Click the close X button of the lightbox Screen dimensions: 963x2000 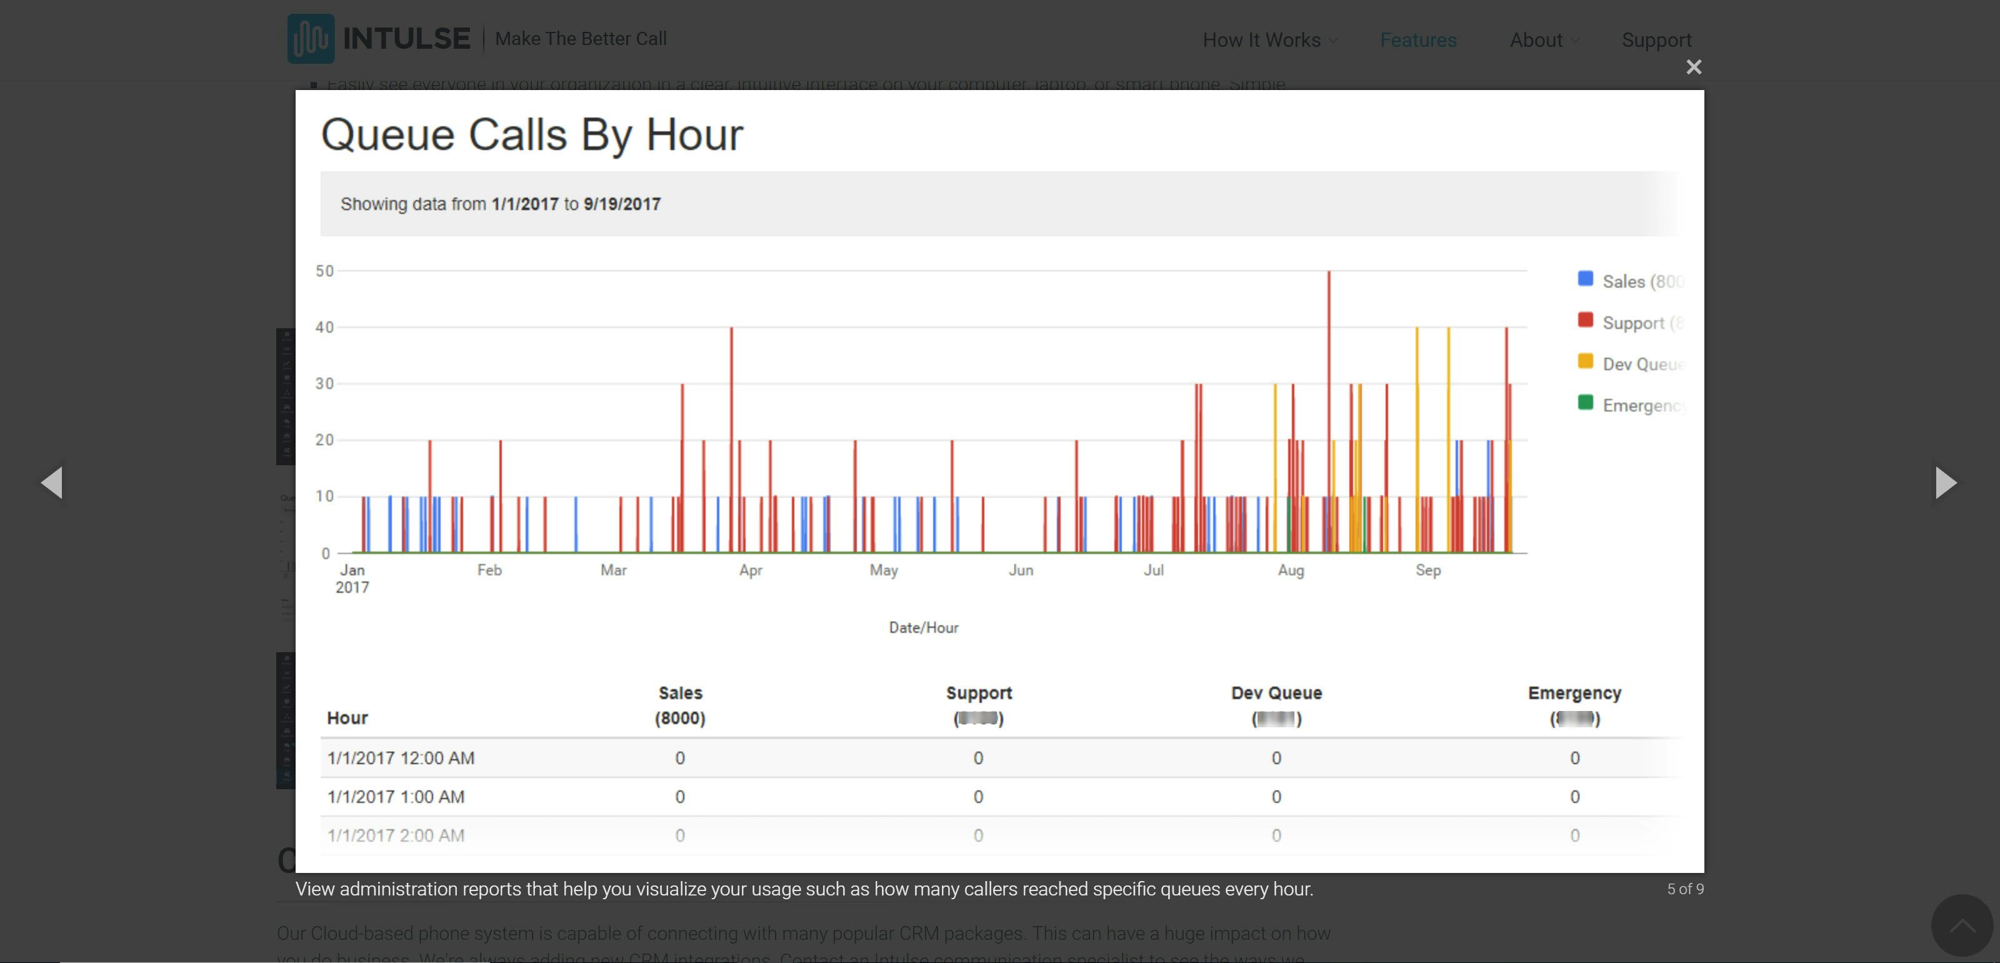click(x=1693, y=68)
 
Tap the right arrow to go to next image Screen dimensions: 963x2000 click(x=1946, y=482)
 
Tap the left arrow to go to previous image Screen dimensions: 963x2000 click(x=52, y=482)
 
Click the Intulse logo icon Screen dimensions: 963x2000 click(x=311, y=39)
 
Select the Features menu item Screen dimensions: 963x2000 click(x=1417, y=39)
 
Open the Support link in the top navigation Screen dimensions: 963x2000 click(x=1656, y=39)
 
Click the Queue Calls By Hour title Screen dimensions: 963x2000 click(x=532, y=134)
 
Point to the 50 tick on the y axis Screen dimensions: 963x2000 click(x=324, y=271)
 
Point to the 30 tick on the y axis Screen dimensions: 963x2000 click(x=324, y=384)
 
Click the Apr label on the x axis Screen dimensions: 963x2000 click(x=750, y=570)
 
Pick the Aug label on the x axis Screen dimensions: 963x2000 click(x=1291, y=570)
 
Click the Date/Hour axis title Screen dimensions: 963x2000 click(x=923, y=627)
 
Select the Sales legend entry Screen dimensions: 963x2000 click(x=1631, y=281)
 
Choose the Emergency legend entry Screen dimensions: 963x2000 click(x=1631, y=405)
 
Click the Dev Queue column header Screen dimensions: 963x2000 click(x=1276, y=693)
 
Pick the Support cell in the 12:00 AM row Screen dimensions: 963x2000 click(x=977, y=758)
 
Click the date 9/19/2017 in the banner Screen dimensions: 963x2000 click(x=622, y=204)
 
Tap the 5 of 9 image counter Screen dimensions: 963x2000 click(x=1685, y=889)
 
